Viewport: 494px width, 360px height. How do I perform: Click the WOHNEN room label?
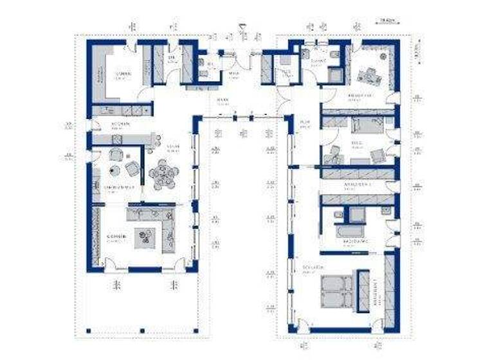(116, 236)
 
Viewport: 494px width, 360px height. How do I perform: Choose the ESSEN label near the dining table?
(172, 147)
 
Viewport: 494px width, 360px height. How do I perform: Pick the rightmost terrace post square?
(195, 332)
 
